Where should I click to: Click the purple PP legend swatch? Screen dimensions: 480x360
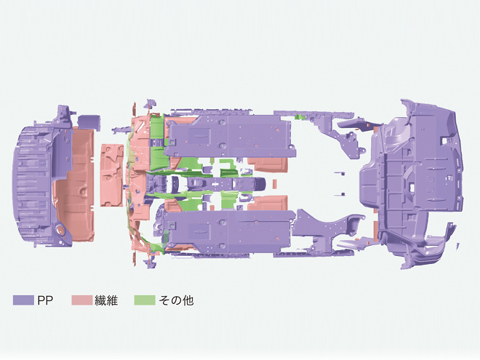23,300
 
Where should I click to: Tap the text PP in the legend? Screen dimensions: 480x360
45,300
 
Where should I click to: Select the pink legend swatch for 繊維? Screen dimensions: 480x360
82,300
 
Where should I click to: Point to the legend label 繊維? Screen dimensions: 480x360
106,300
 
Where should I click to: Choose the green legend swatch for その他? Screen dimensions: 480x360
145,300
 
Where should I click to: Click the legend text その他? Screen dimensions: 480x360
176,300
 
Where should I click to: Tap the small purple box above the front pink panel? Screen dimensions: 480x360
89,123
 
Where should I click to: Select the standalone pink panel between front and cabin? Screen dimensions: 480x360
112,175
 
